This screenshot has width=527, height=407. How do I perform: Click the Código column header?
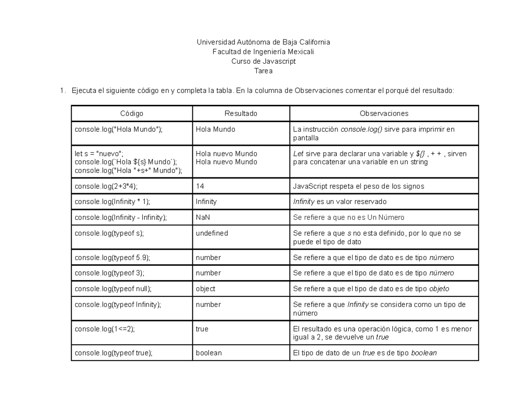click(132, 113)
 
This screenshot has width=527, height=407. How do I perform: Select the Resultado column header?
click(241, 113)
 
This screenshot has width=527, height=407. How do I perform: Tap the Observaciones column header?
click(384, 113)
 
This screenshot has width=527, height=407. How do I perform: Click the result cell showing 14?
click(200, 186)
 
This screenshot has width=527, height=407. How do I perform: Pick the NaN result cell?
click(202, 217)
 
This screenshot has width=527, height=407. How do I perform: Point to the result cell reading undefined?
click(212, 233)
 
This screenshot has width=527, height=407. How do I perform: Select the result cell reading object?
click(206, 288)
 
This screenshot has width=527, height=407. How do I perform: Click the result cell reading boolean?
click(209, 353)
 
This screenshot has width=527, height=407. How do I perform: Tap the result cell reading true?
click(202, 328)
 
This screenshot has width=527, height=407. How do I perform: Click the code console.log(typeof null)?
click(113, 288)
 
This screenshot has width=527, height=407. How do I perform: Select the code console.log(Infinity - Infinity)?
click(121, 217)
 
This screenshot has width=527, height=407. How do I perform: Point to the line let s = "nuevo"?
click(99, 154)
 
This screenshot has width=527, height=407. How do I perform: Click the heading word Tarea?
click(263, 70)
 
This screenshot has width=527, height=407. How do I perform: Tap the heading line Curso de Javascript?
click(263, 61)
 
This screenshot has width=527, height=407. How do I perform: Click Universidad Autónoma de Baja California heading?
click(263, 42)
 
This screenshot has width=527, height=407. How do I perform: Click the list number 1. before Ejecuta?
click(62, 91)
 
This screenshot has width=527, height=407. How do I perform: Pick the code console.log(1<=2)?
click(105, 328)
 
